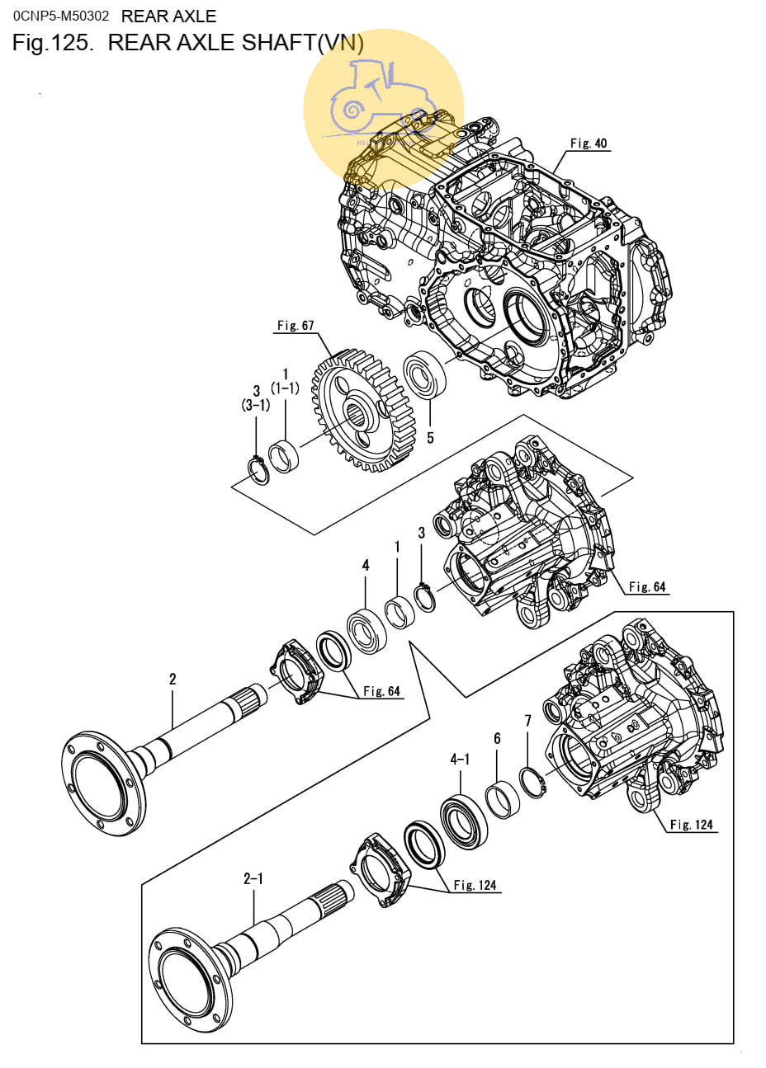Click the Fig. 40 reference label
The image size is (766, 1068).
(588, 143)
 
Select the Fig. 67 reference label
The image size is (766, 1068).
(295, 326)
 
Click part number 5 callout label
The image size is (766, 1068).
(430, 438)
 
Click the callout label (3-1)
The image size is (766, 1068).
(256, 405)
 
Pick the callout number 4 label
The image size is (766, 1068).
(366, 565)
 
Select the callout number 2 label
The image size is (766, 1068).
(173, 679)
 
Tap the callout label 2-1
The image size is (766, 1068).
(253, 878)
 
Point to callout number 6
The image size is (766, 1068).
(497, 739)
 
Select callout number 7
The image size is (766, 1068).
(527, 721)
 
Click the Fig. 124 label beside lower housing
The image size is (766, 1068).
(691, 824)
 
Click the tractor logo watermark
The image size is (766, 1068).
(383, 111)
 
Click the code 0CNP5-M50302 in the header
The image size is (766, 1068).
(60, 16)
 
